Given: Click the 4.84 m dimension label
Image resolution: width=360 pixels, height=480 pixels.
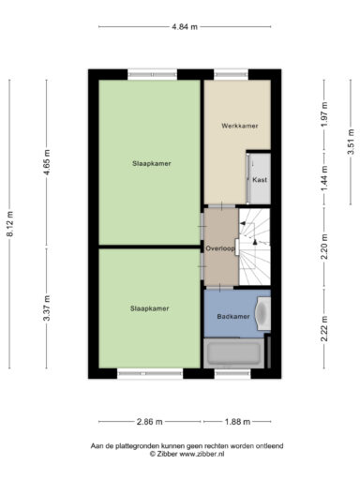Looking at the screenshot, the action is click(x=185, y=27).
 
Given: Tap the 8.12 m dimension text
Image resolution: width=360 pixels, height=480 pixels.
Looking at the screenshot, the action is click(x=10, y=224).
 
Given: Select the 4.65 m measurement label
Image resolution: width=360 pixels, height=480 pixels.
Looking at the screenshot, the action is click(x=47, y=162).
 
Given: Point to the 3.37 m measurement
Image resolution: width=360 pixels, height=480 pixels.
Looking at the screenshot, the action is click(x=47, y=307).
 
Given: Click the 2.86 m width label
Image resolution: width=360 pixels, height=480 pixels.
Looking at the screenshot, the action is click(x=150, y=422).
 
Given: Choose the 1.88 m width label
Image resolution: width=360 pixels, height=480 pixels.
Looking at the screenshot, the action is click(x=237, y=422).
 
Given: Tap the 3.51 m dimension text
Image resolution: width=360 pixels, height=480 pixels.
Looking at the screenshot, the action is click(x=351, y=142).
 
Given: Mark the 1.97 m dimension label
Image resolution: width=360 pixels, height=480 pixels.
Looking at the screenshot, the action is click(x=324, y=114).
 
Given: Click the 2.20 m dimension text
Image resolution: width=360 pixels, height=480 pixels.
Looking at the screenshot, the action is click(x=324, y=247).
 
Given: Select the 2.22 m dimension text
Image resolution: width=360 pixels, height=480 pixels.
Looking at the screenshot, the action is click(x=324, y=328).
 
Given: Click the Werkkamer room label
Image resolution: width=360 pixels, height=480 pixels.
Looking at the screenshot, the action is click(x=240, y=126).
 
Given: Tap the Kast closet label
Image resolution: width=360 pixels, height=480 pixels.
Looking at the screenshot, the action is click(x=260, y=180).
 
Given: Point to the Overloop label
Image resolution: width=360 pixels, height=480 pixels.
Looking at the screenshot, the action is click(x=220, y=248).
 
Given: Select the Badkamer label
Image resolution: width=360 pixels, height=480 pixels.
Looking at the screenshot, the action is click(x=233, y=317).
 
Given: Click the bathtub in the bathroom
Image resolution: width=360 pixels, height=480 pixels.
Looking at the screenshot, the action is click(x=233, y=353).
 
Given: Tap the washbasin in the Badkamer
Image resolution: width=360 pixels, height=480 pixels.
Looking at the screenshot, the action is click(x=263, y=313).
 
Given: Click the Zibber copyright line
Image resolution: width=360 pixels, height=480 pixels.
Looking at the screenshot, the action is click(x=187, y=454).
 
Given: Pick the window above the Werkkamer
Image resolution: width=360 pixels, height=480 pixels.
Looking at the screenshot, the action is click(x=231, y=74).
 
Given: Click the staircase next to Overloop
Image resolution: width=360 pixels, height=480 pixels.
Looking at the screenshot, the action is click(x=255, y=247).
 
